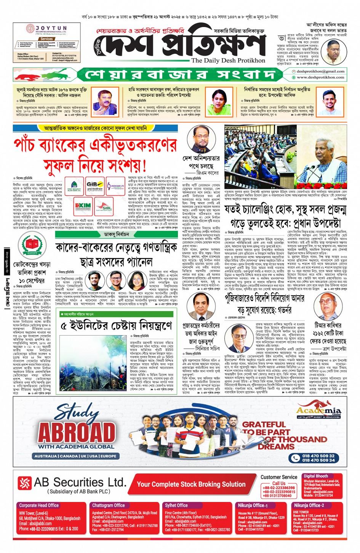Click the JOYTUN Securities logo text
coord(51,28)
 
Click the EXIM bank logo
coord(83,206)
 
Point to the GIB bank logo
coord(94,184)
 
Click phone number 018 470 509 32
coord(318,456)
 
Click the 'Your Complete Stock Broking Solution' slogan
coord(191,484)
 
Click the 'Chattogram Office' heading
coord(108,505)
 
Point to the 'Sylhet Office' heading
coord(176,505)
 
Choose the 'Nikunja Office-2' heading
coord(309,505)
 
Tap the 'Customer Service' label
coord(278,477)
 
